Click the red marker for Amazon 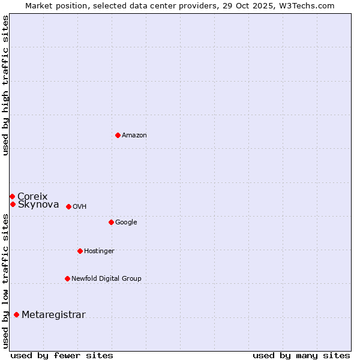[x=118, y=135]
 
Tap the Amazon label [x=134, y=136]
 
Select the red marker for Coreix [x=12, y=196]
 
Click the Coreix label [x=32, y=196]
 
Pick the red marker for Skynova [x=13, y=204]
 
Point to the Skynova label [x=38, y=205]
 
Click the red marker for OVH [x=68, y=206]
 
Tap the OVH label [x=80, y=207]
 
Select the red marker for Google [x=111, y=222]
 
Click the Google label [x=126, y=223]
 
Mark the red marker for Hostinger [x=80, y=251]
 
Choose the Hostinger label [x=99, y=251]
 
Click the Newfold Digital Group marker [x=67, y=278]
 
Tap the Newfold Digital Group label [x=106, y=279]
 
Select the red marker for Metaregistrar [x=16, y=314]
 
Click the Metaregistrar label [x=53, y=315]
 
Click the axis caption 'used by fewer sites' [x=62, y=355]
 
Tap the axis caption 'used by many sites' [x=301, y=355]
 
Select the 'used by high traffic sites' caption [x=5, y=85]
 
